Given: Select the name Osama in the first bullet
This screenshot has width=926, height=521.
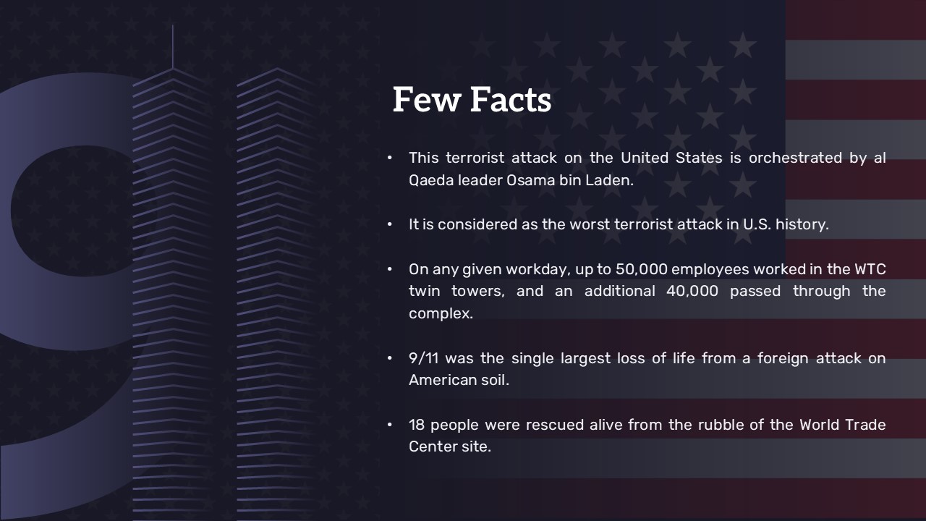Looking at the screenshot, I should tap(530, 180).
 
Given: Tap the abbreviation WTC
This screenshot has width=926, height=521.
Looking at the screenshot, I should tap(870, 269).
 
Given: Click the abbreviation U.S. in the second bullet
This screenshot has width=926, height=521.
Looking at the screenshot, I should tap(757, 224).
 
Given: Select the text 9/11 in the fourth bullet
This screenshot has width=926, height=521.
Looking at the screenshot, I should tap(423, 358).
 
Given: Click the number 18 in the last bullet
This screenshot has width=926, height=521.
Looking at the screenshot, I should tap(417, 425).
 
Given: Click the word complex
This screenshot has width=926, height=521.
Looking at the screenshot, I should tap(440, 313).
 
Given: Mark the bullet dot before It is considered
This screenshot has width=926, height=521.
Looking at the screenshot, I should tap(390, 224).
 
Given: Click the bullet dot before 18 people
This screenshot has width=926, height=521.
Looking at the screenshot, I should tap(390, 425).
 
